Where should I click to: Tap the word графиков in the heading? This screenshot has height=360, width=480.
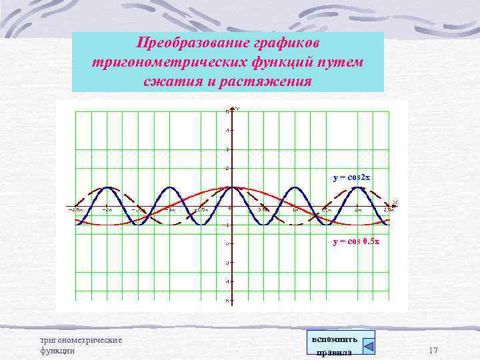tap(287, 43)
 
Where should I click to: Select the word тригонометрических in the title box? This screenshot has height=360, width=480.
tap(167, 63)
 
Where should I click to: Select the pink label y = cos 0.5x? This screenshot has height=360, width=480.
tap(356, 242)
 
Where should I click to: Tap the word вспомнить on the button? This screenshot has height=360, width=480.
tap(334, 339)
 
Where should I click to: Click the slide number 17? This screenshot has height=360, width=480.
tap(433, 351)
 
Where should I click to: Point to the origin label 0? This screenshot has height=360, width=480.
tap(230, 209)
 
